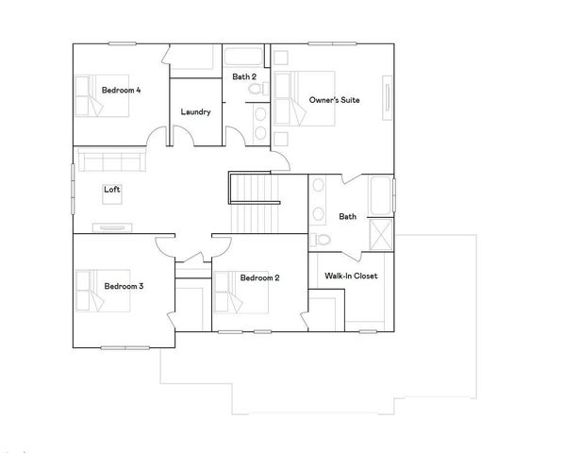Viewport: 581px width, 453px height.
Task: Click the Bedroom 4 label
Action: (122, 91)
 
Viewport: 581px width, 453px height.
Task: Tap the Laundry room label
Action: (195, 111)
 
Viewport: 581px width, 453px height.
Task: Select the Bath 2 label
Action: (245, 76)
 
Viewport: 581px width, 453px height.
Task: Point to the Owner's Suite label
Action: (334, 99)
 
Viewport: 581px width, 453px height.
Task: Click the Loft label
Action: (112, 190)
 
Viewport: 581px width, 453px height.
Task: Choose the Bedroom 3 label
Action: (123, 286)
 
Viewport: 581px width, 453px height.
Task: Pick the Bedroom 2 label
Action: (259, 277)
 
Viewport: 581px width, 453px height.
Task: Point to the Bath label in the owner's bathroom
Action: (348, 217)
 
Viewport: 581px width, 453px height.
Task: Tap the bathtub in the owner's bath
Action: (381, 196)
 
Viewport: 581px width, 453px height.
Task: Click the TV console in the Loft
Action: (112, 226)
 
